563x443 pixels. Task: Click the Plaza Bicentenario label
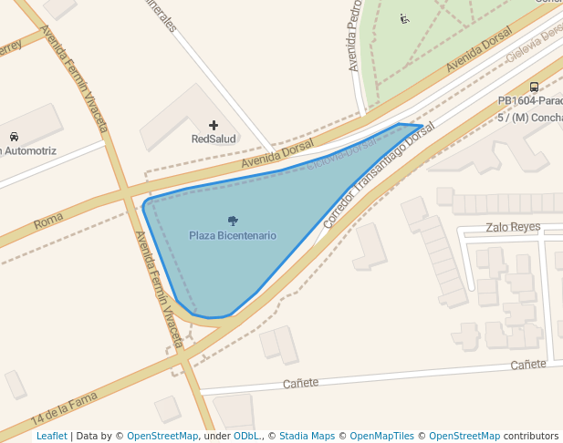(x=233, y=235)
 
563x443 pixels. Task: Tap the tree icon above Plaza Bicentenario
(x=233, y=220)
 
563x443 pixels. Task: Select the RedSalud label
(x=214, y=139)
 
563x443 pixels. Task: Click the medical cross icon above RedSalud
(x=214, y=125)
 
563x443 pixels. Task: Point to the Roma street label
(x=47, y=222)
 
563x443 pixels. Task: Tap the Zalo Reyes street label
(x=513, y=227)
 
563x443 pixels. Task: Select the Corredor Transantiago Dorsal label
(x=378, y=178)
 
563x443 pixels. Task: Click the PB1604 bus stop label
(x=530, y=101)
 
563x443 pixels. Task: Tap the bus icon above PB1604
(x=534, y=88)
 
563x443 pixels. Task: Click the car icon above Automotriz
(x=14, y=137)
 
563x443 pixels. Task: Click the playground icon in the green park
(x=404, y=18)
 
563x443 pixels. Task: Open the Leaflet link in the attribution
(x=51, y=436)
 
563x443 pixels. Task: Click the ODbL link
(x=246, y=436)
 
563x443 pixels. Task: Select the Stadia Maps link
(x=307, y=436)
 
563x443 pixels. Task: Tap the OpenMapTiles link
(x=381, y=436)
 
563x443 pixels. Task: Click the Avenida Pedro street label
(x=355, y=36)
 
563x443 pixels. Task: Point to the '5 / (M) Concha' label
(x=529, y=118)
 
